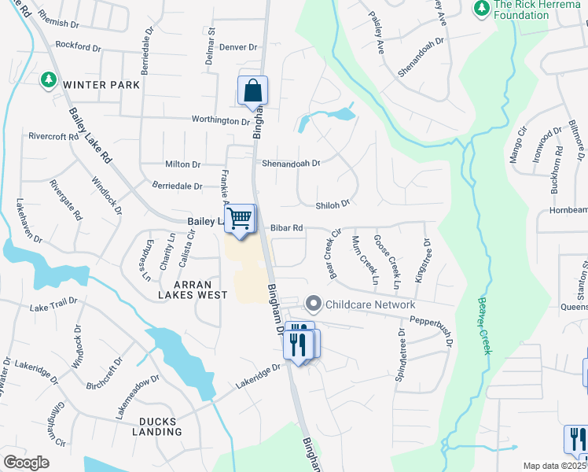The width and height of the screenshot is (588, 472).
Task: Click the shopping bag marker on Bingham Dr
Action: [x=252, y=92]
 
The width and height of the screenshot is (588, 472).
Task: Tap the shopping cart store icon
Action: [x=241, y=218]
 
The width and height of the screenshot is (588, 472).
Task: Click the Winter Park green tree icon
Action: [x=48, y=79]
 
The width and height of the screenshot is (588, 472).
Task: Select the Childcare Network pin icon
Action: [x=314, y=304]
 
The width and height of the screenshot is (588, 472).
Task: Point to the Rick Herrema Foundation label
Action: [x=531, y=9]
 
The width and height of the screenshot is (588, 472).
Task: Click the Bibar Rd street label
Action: [x=286, y=228]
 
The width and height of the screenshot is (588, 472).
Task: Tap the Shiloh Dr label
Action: [x=332, y=205]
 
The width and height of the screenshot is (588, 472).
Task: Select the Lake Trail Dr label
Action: [x=53, y=304]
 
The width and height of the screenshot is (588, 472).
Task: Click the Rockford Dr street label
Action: [x=79, y=47]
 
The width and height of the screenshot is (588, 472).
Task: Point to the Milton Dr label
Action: [x=183, y=164]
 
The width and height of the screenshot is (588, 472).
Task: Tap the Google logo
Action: [x=26, y=463]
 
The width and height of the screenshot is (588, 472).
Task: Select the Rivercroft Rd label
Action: [x=53, y=136]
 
